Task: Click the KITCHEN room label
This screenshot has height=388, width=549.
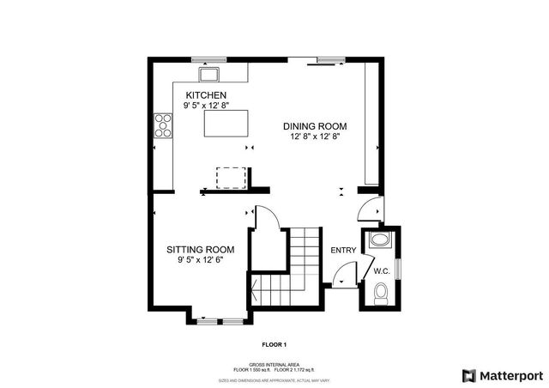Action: click(205, 94)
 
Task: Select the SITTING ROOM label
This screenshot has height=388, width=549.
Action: click(200, 250)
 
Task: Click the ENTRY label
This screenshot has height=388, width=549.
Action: click(343, 251)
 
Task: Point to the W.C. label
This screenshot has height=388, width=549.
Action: click(382, 271)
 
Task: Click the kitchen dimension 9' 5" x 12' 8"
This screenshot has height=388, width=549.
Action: click(205, 106)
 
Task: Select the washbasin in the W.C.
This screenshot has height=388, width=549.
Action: click(378, 241)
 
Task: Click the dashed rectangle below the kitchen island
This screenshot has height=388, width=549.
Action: click(231, 176)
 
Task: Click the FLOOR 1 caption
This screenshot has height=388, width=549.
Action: click(274, 344)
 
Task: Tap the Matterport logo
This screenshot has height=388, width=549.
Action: click(502, 375)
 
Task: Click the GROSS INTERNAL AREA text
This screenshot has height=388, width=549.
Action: click(274, 363)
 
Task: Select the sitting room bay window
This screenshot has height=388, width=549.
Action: click(219, 321)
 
